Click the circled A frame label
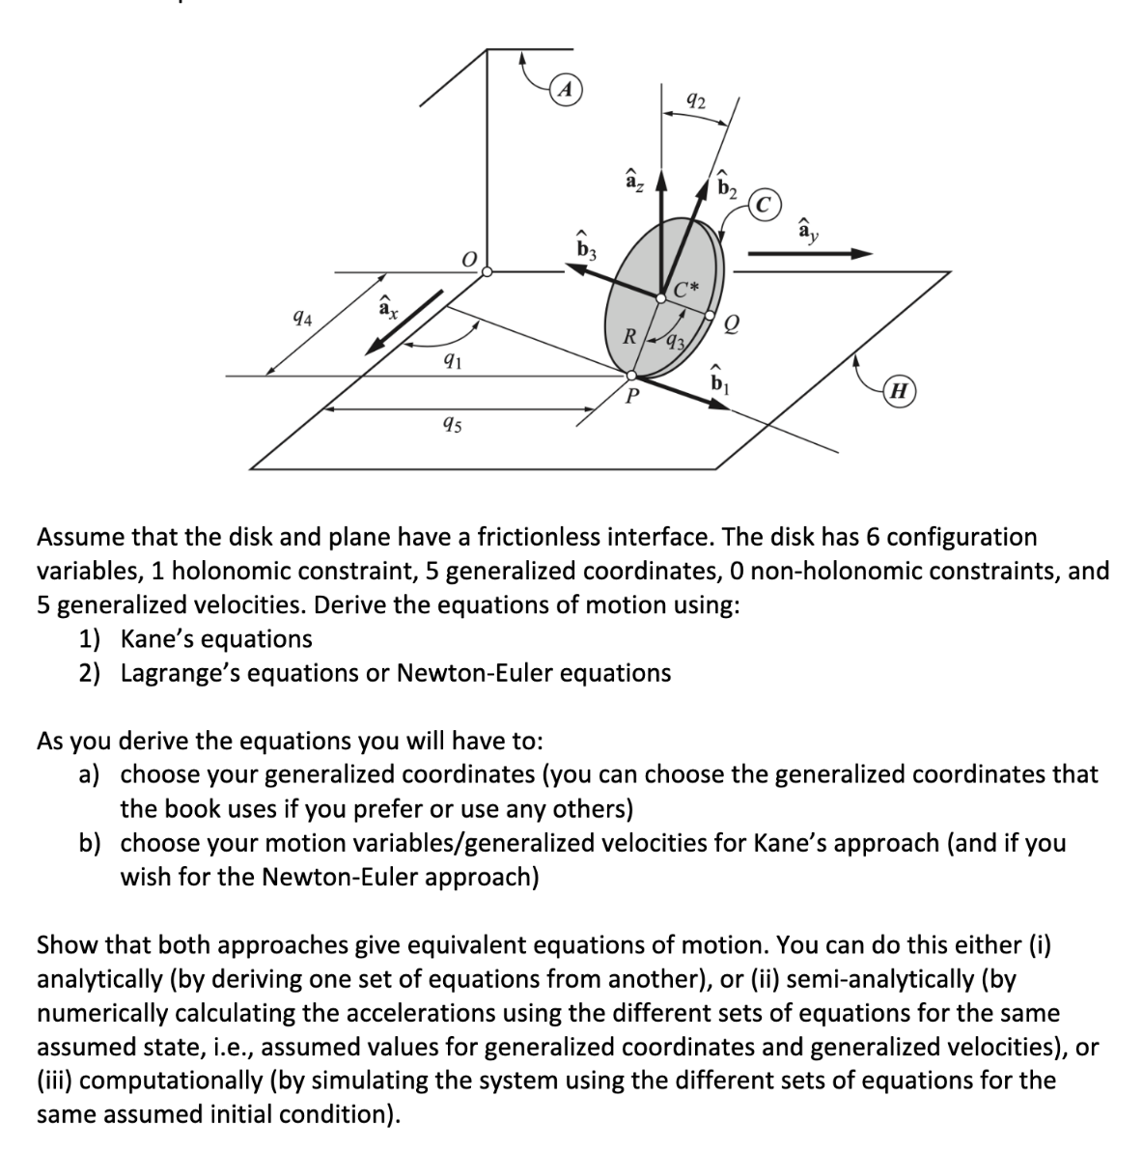(569, 89)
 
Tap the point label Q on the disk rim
(732, 327)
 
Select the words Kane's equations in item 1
(216, 638)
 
